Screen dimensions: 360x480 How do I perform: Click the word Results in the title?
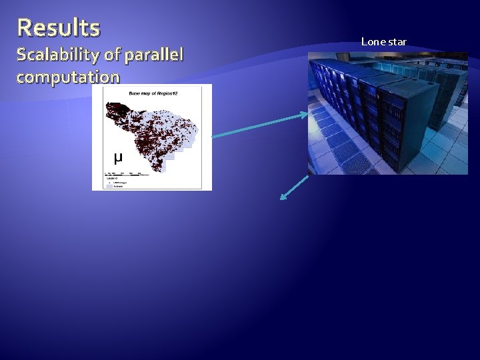tap(59, 28)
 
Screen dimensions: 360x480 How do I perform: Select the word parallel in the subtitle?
tap(151, 53)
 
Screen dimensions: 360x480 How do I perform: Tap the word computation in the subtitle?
tap(68, 77)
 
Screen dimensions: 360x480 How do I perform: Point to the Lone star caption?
tap(383, 42)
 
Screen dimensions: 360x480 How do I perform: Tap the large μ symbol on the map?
tap(118, 158)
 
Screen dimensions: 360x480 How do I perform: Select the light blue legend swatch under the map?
tap(111, 186)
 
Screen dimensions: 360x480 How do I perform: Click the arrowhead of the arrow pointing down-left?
tap(283, 197)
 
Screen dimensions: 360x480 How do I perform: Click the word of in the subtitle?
tap(105, 53)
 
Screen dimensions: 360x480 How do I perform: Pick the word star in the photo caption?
tap(397, 42)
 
